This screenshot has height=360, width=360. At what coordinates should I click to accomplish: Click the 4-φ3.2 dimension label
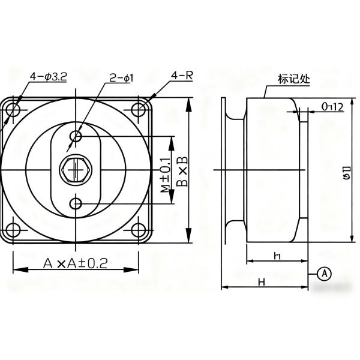pos(48,77)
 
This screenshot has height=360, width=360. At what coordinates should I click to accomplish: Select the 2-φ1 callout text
pos(121,78)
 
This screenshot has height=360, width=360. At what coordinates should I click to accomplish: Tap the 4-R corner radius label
pos(181,76)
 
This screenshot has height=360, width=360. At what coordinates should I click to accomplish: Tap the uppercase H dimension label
pos(262,281)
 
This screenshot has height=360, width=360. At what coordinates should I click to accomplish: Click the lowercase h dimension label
pos(277,256)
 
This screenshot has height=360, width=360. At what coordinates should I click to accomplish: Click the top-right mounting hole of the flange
pos(139,110)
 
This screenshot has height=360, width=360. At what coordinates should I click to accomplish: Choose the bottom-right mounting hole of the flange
pos(139,230)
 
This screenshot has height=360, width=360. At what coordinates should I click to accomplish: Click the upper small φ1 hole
pos(76,137)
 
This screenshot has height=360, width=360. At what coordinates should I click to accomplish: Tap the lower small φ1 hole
pos(76,204)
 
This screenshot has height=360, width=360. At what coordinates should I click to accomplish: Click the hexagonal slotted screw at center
pos(76,169)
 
